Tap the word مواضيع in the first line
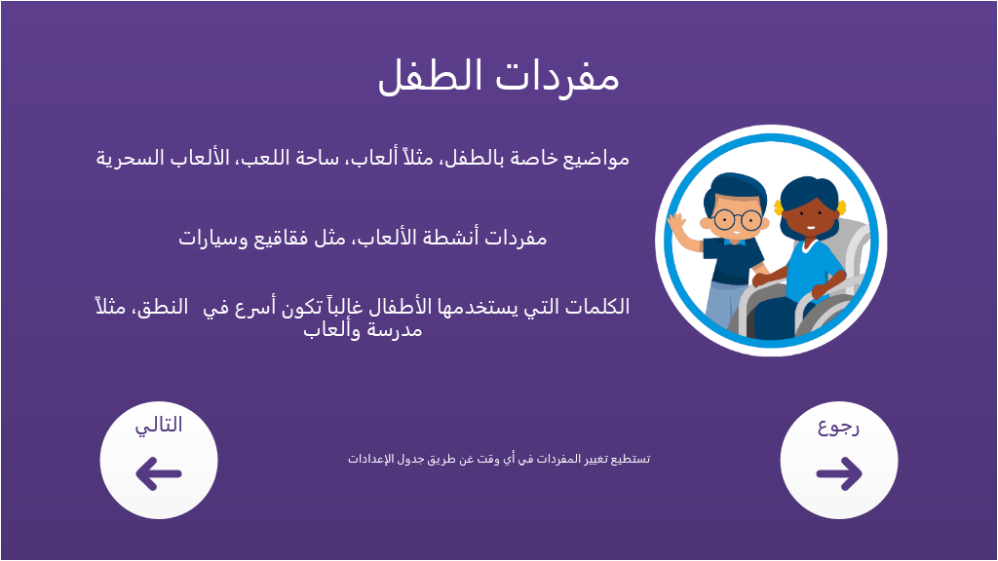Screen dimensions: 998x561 pos(595,159)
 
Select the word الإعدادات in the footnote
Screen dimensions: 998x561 pos(367,460)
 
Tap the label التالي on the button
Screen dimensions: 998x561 pos(159,425)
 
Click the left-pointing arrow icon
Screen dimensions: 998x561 pos(159,474)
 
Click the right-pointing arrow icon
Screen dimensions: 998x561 pos(839,474)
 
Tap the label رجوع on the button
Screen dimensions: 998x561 pos(839,427)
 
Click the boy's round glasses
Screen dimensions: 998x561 pos(737,220)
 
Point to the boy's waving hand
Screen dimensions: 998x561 pos(677,225)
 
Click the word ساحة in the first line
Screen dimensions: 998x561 pos(313,158)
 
